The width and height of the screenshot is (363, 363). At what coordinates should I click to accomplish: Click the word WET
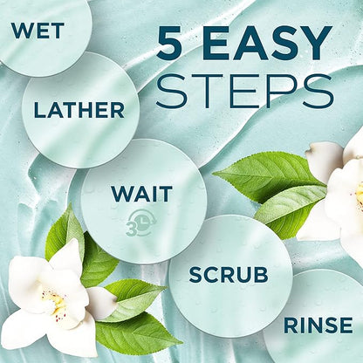click(38, 31)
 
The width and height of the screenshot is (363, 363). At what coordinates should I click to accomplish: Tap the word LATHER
click(79, 110)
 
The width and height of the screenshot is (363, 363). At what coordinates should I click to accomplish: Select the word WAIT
click(142, 194)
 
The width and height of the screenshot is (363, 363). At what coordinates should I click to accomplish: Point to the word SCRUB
click(229, 275)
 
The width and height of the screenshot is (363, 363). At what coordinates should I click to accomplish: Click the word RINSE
click(318, 325)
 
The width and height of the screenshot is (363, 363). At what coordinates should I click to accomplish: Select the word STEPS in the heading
click(245, 90)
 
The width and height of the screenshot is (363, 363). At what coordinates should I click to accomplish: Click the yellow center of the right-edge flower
click(360, 195)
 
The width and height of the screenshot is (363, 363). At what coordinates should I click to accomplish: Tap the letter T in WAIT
click(167, 194)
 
